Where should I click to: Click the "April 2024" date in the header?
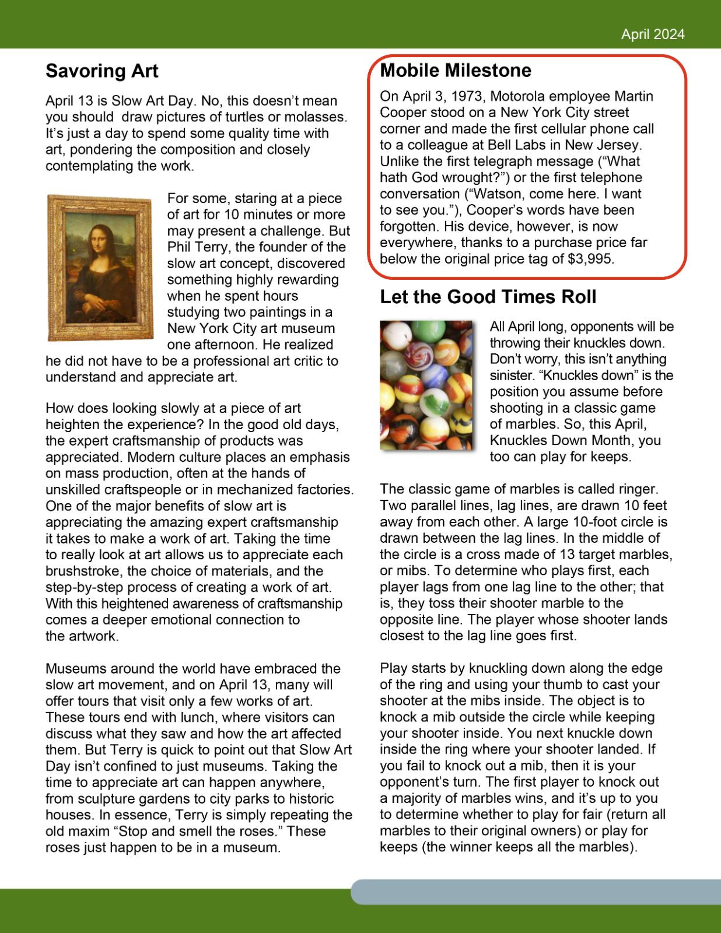tap(652, 34)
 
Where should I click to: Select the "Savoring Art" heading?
tap(102, 71)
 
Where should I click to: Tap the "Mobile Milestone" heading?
tap(456, 71)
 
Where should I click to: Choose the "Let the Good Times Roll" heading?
tap(488, 297)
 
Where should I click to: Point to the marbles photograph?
tap(426, 385)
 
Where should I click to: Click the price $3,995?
tap(590, 259)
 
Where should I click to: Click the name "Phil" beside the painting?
tap(180, 247)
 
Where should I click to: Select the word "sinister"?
tap(513, 376)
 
